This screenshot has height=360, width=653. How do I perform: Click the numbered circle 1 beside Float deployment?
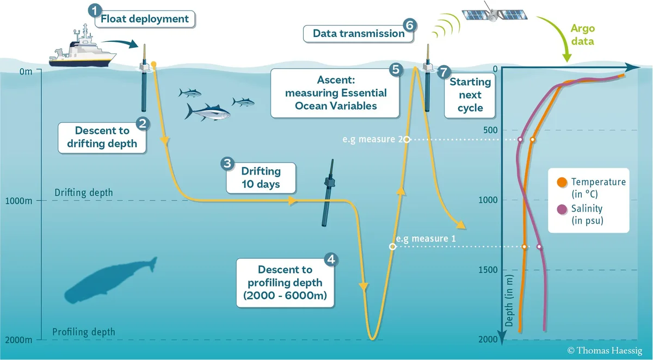95,10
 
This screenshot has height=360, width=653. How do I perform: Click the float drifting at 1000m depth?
328,194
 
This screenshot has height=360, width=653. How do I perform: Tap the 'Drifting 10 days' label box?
261,177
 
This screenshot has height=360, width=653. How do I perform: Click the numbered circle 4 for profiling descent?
329,259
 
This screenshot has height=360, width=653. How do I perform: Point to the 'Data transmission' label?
359,34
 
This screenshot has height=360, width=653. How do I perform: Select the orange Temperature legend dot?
560,182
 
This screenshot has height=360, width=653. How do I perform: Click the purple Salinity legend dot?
560,209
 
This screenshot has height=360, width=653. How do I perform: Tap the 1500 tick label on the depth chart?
489,270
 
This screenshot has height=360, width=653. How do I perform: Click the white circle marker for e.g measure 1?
392,246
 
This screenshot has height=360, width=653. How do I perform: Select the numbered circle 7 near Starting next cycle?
444,72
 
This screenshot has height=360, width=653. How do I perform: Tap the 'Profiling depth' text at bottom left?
83,332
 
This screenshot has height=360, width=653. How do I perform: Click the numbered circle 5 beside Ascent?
396,69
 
